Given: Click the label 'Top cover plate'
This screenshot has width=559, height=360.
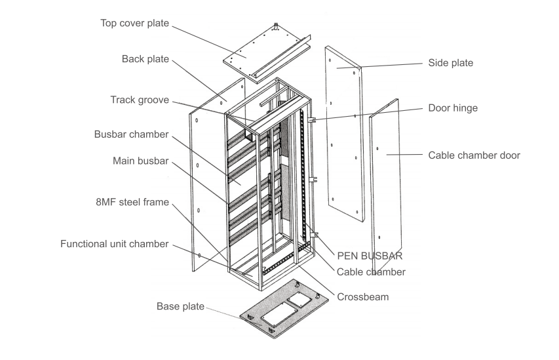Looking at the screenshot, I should tap(134, 23).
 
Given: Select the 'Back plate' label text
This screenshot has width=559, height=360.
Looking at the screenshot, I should tap(145, 59).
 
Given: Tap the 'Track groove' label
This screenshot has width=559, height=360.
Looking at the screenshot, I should tap(140, 100).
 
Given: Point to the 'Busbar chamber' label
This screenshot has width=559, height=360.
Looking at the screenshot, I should tap(131, 134).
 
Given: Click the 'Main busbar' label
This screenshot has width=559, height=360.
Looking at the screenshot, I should tap(140, 161).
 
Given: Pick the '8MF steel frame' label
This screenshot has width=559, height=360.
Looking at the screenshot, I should tap(134, 203).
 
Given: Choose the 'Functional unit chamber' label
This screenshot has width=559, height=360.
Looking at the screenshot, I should tap(115, 244).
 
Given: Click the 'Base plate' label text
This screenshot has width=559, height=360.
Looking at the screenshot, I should tap(180, 306).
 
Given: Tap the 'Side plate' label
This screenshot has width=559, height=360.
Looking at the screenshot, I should tap(450, 63).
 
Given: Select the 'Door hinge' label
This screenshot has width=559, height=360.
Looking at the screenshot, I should tap(452, 108).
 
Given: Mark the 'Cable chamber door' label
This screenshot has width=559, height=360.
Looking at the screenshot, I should tap(474, 155).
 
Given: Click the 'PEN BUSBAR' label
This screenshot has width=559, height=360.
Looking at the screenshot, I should tap(370, 256).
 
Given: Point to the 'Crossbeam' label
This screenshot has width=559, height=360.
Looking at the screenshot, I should tap(362, 296).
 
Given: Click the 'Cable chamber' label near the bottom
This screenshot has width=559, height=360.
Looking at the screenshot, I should tap(370, 271).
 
